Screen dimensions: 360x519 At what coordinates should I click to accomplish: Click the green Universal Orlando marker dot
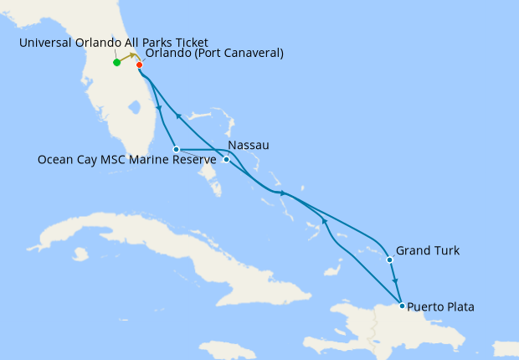116,62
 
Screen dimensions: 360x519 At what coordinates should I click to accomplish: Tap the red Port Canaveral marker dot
139,65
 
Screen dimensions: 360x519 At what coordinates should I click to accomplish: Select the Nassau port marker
226,159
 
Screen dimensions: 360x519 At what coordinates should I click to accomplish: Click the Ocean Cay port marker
176,150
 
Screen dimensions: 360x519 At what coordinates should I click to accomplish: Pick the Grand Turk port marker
390,260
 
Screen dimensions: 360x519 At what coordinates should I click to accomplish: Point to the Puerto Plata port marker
403,306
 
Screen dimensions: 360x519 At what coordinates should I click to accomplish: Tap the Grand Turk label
427,250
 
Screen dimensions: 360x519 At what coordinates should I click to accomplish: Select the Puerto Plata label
442,307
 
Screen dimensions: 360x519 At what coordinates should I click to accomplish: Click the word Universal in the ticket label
48,43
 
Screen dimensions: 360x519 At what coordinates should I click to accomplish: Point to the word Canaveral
249,54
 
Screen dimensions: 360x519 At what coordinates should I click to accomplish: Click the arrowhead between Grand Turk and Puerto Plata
395,281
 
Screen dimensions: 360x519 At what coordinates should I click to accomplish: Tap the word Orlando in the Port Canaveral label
167,54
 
